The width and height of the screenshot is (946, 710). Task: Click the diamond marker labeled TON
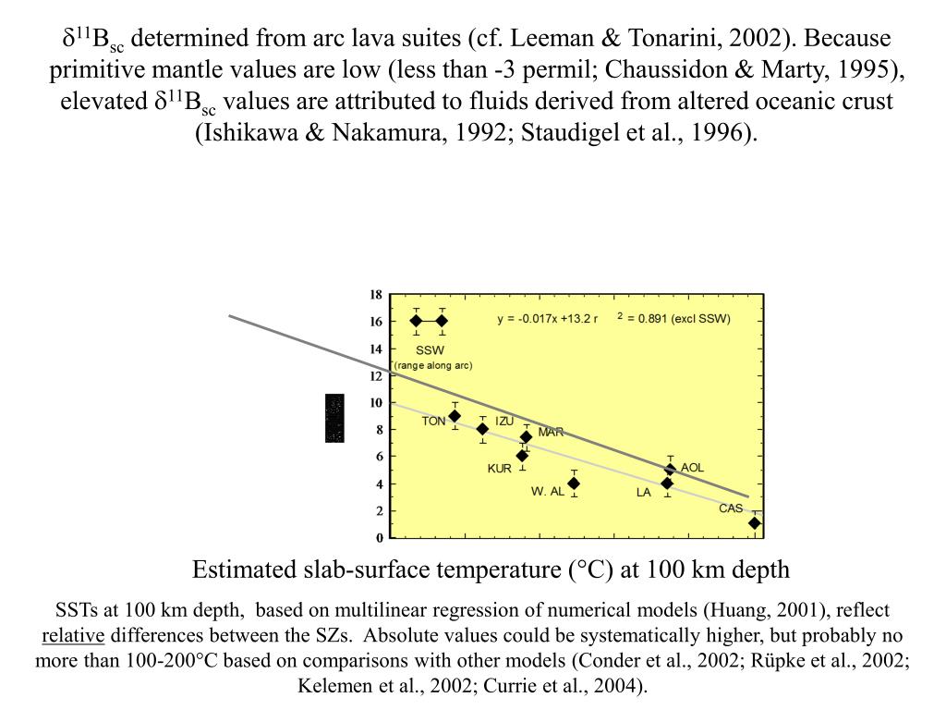[x=454, y=416]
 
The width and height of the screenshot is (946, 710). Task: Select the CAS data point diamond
[x=755, y=523]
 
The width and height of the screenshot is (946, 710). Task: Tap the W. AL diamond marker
[x=574, y=484]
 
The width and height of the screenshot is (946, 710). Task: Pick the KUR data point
[x=522, y=456]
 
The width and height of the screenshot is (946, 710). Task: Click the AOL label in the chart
[x=692, y=468]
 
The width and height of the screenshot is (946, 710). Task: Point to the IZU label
[x=504, y=422]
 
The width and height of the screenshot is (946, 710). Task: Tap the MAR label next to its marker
[x=551, y=432]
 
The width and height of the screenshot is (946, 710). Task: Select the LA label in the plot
[x=644, y=493]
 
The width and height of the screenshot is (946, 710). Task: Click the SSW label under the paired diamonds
[x=430, y=350]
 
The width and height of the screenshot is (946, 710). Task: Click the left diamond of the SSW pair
[x=416, y=321]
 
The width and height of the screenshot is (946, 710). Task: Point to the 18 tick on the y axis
[x=376, y=295]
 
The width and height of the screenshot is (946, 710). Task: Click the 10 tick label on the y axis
[x=376, y=403]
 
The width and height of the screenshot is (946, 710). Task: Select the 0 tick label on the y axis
[x=379, y=538]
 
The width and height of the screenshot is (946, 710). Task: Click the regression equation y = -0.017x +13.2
[x=548, y=319]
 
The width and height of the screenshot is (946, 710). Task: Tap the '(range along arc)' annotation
[x=433, y=365]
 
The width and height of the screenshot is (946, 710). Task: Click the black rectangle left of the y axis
[x=334, y=418]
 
